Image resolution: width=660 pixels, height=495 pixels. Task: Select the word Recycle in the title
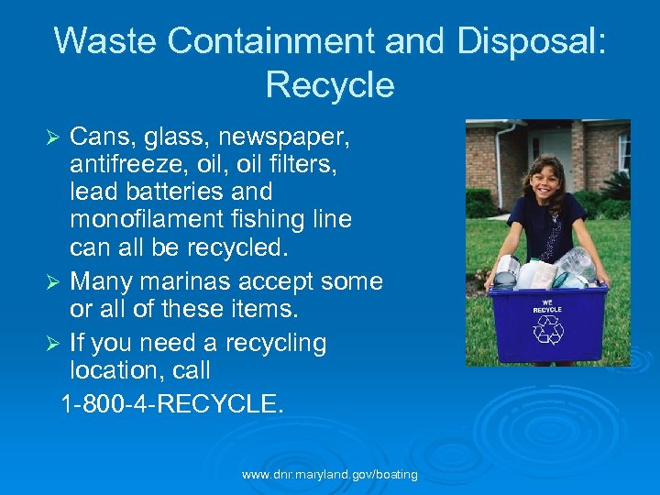[330, 85]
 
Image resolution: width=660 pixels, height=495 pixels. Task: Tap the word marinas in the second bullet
[196, 280]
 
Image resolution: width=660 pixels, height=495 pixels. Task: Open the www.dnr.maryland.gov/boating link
[330, 475]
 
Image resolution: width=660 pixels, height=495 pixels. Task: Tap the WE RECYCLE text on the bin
[548, 306]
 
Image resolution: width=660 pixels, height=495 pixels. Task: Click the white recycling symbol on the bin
[548, 331]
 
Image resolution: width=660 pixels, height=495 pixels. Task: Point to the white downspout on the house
[499, 161]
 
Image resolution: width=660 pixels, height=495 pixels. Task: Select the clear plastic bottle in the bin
[577, 265]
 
